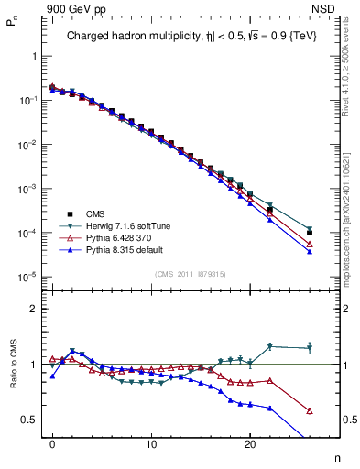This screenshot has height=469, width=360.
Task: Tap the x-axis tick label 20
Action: point(250,442)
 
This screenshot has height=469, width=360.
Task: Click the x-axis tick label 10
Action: point(151,442)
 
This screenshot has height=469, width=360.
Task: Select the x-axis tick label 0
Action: point(52,442)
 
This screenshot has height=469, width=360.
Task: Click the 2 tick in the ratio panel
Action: point(33,309)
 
